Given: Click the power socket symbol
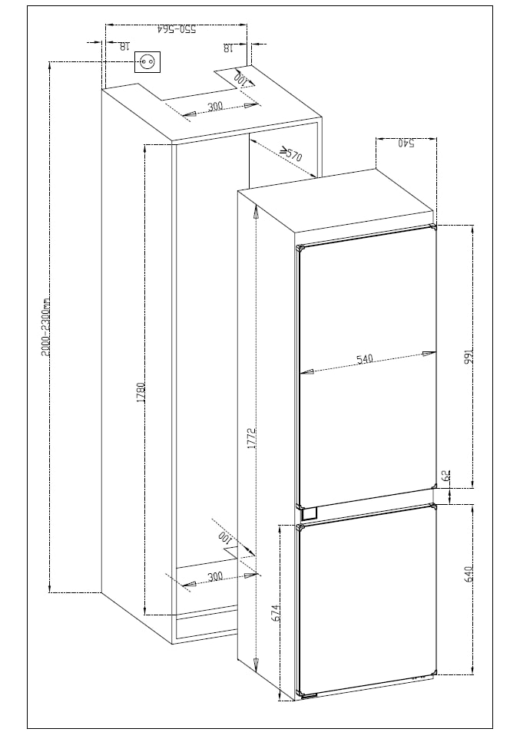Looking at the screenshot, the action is click(x=147, y=62).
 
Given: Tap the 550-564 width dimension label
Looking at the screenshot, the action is click(x=177, y=29).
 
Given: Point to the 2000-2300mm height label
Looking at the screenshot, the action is click(x=46, y=328).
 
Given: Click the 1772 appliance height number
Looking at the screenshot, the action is click(x=252, y=438).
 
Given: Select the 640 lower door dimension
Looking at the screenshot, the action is click(x=469, y=574).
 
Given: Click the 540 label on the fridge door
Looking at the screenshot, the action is click(x=364, y=359).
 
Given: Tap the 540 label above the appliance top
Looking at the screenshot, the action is click(x=406, y=143).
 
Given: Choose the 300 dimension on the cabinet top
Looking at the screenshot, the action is click(x=215, y=107).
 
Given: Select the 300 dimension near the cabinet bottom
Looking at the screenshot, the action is click(x=215, y=576).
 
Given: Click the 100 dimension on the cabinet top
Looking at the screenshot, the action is click(x=240, y=79).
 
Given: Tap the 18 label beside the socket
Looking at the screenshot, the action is click(x=124, y=47).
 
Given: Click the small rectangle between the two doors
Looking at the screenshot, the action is click(x=310, y=513).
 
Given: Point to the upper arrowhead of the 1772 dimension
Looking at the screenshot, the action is click(x=256, y=212).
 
